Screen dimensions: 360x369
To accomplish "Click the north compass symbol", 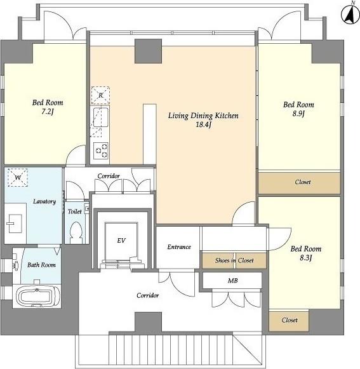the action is pyautogui.click(x=350, y=14).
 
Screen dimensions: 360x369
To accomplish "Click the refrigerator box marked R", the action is pyautogui.click(x=100, y=95).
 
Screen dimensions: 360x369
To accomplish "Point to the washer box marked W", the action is pyautogui.click(x=18, y=177).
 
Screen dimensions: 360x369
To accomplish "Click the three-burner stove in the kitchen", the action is pyautogui.click(x=101, y=151).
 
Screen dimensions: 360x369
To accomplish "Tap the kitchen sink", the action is pyautogui.click(x=101, y=117).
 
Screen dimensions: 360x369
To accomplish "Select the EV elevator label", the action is pyautogui.click(x=121, y=240).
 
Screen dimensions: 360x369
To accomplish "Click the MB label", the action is pyautogui.click(x=232, y=280).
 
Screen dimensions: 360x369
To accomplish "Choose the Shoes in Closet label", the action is pyautogui.click(x=234, y=260).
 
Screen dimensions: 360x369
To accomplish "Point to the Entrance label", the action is pyautogui.click(x=179, y=247).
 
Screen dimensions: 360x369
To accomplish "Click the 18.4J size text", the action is pyautogui.click(x=203, y=124).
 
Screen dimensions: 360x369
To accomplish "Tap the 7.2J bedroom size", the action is pyautogui.click(x=47, y=112).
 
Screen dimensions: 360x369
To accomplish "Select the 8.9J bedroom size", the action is pyautogui.click(x=298, y=114).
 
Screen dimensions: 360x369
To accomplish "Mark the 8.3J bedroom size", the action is pyautogui.click(x=305, y=258).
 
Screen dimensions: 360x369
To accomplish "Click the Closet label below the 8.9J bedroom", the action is pyautogui.click(x=303, y=182).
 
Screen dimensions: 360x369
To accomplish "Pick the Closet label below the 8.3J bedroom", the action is pyautogui.click(x=290, y=320).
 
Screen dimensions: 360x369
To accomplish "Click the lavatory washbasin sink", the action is pyautogui.click(x=15, y=224).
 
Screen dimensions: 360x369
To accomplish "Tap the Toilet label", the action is pyautogui.click(x=74, y=211).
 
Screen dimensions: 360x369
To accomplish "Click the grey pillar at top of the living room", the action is pyautogui.click(x=148, y=51).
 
